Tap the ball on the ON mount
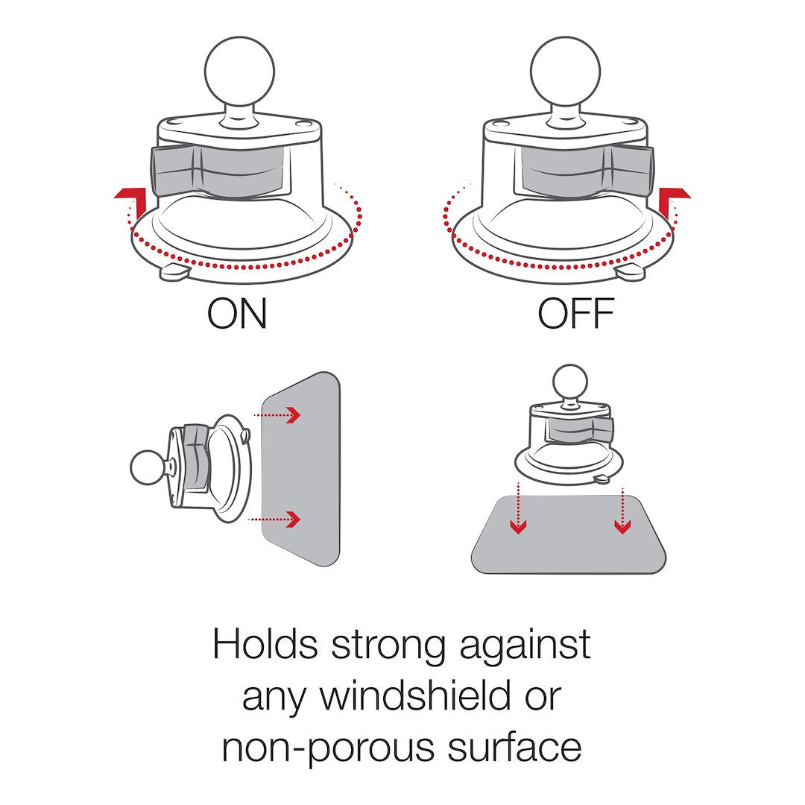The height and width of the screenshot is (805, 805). pyautogui.click(x=239, y=71)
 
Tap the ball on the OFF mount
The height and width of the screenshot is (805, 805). pyautogui.click(x=565, y=71)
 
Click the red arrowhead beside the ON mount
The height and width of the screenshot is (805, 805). pyautogui.click(x=130, y=197)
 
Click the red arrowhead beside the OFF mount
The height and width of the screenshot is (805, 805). pyautogui.click(x=674, y=197)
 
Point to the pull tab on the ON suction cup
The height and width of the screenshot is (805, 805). pyautogui.click(x=174, y=272)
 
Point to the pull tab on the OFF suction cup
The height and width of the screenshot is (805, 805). pyautogui.click(x=630, y=272)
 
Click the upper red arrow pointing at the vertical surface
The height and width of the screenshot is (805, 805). pyautogui.click(x=277, y=414)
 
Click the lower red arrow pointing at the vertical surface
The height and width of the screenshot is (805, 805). pyautogui.click(x=274, y=519)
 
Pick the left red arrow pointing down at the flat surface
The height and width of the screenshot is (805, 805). pyautogui.click(x=519, y=508)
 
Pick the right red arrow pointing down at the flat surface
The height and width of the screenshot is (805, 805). pyautogui.click(x=622, y=511)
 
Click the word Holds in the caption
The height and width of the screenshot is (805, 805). pyautogui.click(x=265, y=644)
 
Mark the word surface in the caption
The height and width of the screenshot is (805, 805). pyautogui.click(x=515, y=747)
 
